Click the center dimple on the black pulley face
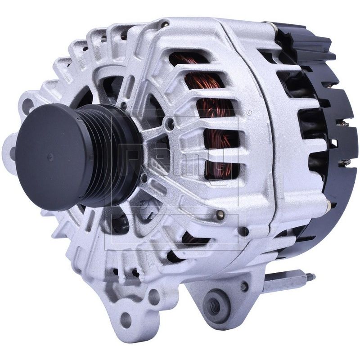click(50, 157)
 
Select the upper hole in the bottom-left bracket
click(154, 297)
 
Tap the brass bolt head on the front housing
click(220, 214)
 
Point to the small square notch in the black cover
click(333, 143)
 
